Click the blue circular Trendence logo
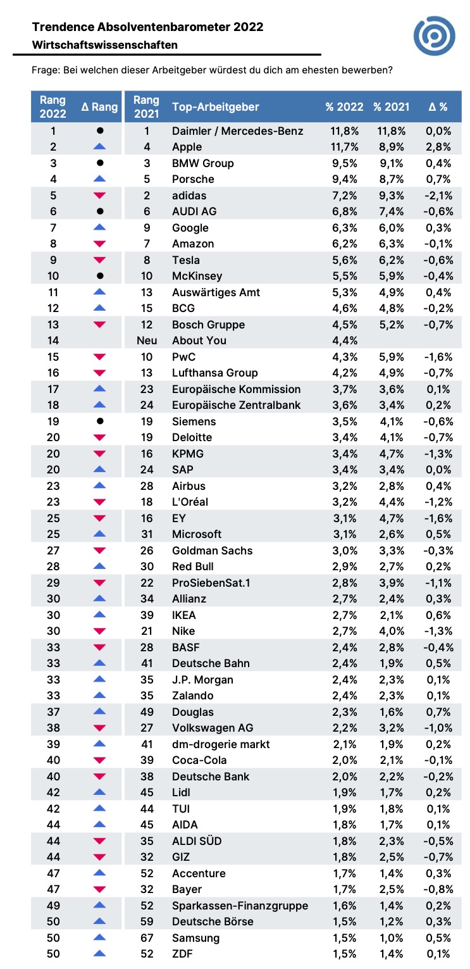[x=434, y=36]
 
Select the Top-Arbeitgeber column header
[x=215, y=107]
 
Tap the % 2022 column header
[x=344, y=107]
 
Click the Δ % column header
[x=438, y=107]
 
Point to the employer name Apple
[x=187, y=147]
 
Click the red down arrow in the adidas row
[x=99, y=196]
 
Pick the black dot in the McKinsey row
[x=100, y=276]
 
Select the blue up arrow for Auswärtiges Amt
[x=99, y=292]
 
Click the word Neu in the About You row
[x=147, y=341]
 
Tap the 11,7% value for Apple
[x=345, y=147]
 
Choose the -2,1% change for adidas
[x=438, y=196]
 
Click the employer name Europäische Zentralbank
[x=236, y=405]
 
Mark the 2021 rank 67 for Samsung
[x=147, y=938]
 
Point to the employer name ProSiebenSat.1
[x=211, y=583]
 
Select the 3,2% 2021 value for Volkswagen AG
[x=392, y=728]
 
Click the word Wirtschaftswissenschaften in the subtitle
[x=104, y=45]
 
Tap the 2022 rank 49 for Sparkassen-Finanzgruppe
[x=53, y=906]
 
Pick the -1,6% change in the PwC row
[x=438, y=357]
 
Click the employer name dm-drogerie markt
[x=221, y=744]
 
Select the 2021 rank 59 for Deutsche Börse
[x=147, y=922]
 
